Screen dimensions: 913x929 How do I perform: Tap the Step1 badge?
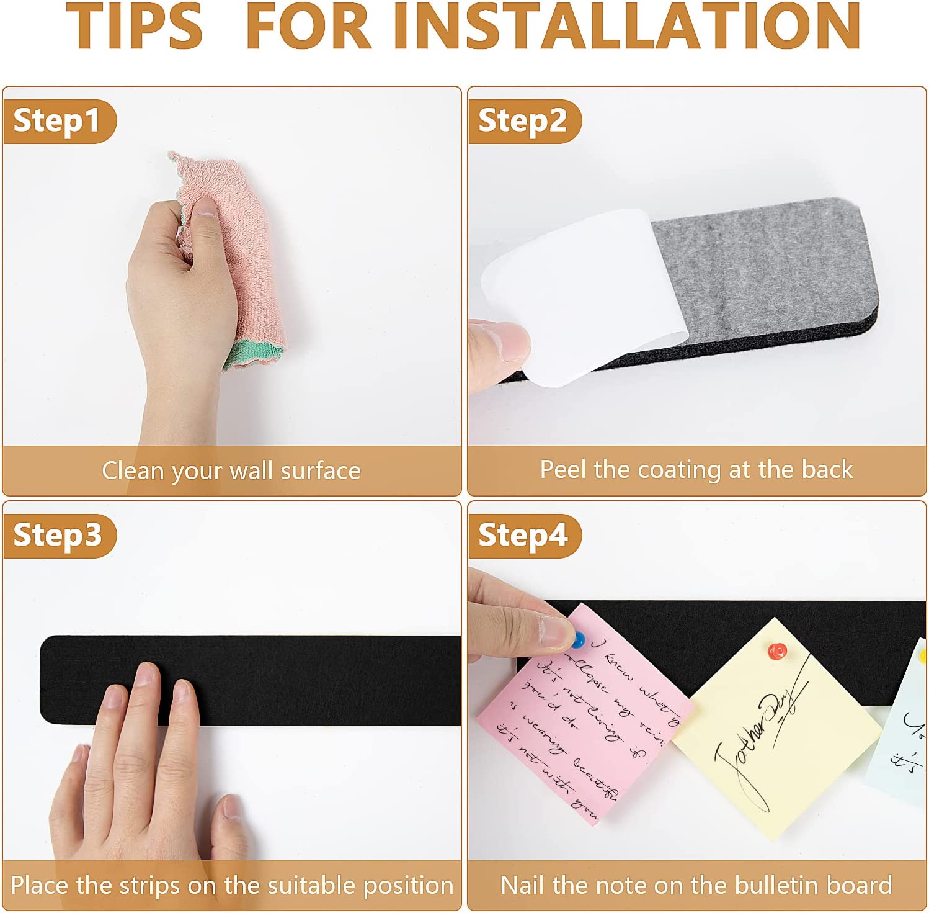[x=57, y=121]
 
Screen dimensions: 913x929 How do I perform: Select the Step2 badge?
[x=522, y=121]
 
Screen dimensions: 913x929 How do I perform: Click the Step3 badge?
[x=58, y=536]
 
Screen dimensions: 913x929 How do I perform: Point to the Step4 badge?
[x=523, y=536]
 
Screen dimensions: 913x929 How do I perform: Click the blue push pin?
[x=578, y=639]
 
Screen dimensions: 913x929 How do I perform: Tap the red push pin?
[x=777, y=651]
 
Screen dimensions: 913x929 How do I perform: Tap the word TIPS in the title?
[x=135, y=27]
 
